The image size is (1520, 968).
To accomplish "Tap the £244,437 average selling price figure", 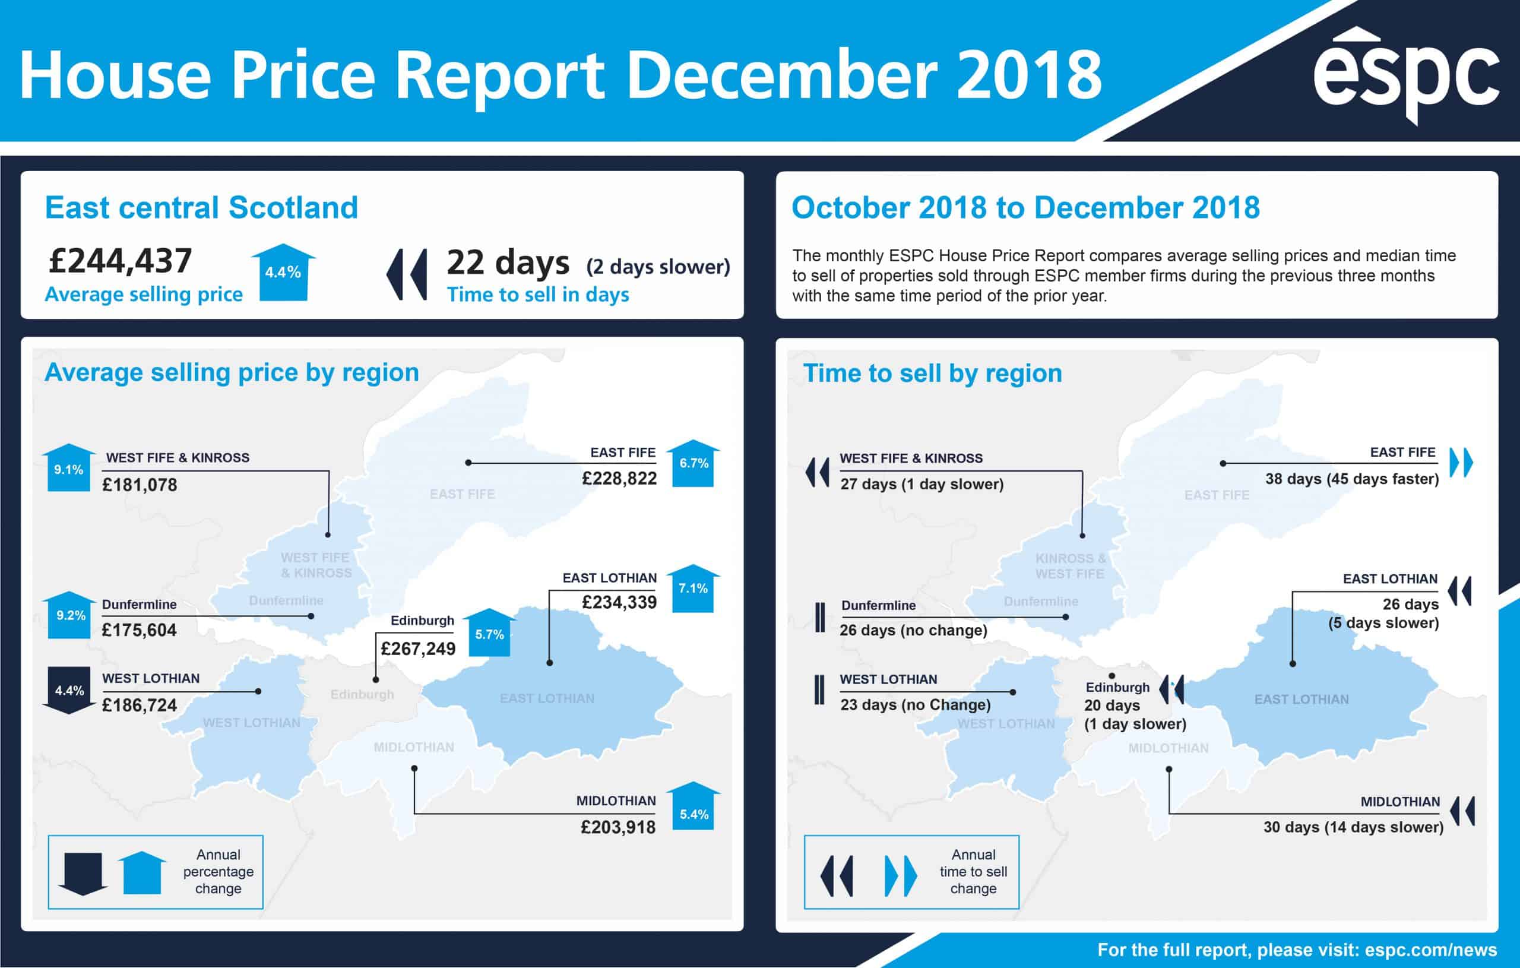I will [120, 260].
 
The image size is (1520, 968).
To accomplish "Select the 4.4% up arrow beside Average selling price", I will [283, 272].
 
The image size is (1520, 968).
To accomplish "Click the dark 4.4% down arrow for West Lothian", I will [69, 689].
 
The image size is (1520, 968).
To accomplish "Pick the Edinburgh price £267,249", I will [418, 649].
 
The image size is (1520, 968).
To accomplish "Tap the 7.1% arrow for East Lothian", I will [692, 588].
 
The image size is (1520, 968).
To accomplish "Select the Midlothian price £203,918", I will [618, 827].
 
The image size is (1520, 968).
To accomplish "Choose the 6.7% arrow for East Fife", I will [693, 463].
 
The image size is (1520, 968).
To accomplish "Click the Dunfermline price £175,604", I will [139, 630].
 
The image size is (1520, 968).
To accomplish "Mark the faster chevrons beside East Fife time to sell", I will [1461, 462].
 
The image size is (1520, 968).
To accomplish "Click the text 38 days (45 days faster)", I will [1352, 479].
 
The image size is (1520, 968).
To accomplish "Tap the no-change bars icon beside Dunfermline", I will [820, 617].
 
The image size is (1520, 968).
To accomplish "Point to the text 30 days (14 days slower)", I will [1353, 827].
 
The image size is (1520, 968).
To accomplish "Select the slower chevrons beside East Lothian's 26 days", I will [1459, 591].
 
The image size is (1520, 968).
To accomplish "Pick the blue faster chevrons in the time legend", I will [900, 876].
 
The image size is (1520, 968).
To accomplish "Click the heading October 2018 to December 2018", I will [1025, 207].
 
